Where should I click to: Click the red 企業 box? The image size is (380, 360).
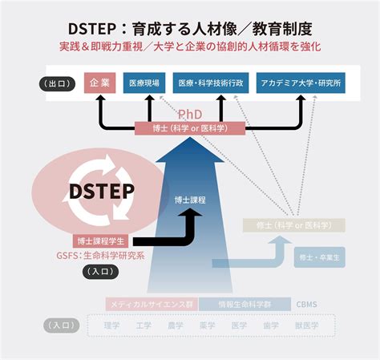(x=100, y=83)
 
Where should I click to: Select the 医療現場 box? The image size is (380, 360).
(x=145, y=83)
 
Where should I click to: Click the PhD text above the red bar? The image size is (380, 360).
(x=190, y=115)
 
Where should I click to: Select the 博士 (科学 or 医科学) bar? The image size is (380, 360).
(x=190, y=128)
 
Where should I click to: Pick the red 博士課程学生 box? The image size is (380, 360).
(x=100, y=241)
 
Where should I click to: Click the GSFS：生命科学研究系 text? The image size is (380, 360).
(x=99, y=256)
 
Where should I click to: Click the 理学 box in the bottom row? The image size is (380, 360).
(x=111, y=326)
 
